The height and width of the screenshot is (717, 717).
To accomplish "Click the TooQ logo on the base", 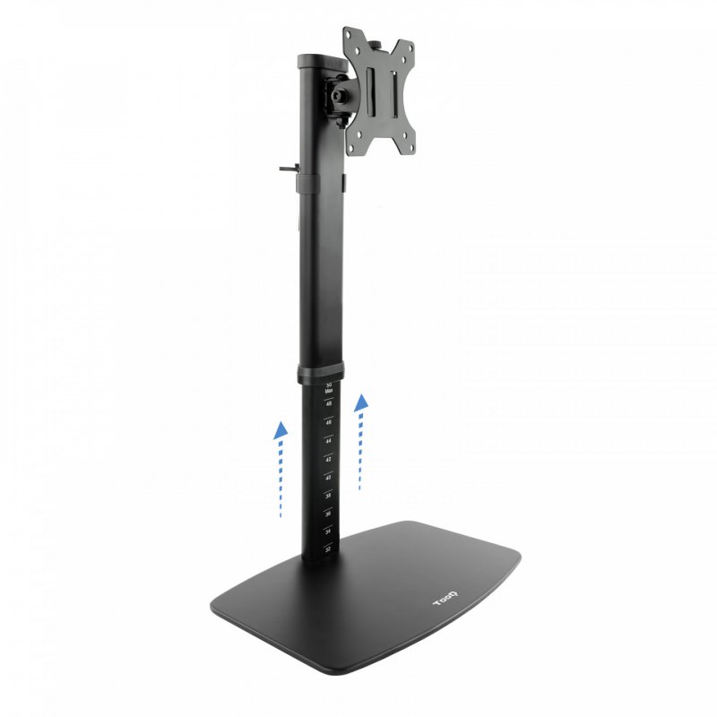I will pos(447,598).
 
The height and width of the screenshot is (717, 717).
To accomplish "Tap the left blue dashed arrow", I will pos(281,470).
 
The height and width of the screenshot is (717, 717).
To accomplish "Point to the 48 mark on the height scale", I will pos(329,404).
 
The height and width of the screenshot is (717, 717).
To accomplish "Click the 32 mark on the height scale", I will pos(329,549).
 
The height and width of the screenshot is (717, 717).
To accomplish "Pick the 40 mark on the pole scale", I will pos(329,477).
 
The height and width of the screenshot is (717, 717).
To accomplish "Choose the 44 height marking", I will pos(329,440).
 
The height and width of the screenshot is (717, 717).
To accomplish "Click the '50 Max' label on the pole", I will pos(329,387).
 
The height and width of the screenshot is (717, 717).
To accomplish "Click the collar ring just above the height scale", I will pos(324,370).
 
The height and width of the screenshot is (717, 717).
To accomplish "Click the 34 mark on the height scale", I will pos(329,531).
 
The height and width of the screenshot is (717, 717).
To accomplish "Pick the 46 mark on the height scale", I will pos(329,422).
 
